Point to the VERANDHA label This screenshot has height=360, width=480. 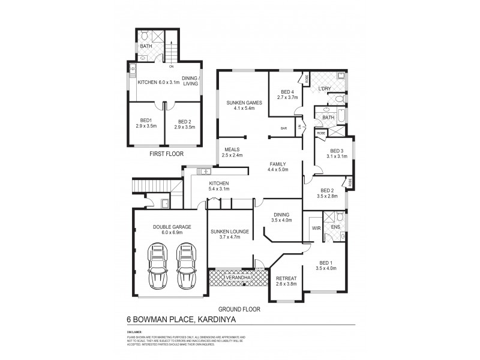point(232,278)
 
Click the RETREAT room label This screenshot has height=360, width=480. point(286,278)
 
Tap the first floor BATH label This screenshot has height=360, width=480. point(146,46)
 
